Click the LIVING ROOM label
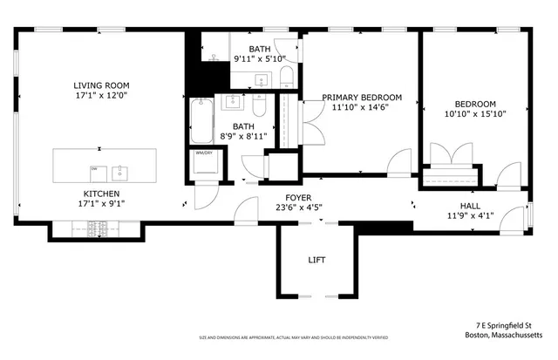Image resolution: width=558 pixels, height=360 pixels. click(x=100, y=85)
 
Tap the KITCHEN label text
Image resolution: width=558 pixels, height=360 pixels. click(x=100, y=194)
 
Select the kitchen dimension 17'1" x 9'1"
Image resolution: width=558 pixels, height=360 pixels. click(x=100, y=206)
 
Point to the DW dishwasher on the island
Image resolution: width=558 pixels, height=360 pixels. click(x=95, y=168)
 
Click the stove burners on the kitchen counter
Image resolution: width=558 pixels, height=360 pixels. click(x=98, y=230)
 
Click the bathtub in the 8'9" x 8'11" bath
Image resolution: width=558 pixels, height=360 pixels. click(x=200, y=121)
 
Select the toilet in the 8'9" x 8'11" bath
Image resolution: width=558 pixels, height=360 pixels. click(x=259, y=108)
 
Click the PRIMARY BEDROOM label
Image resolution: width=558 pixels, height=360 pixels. click(x=362, y=97)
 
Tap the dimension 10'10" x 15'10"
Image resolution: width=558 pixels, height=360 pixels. click(x=475, y=113)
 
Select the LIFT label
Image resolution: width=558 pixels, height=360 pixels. click(x=316, y=260)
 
